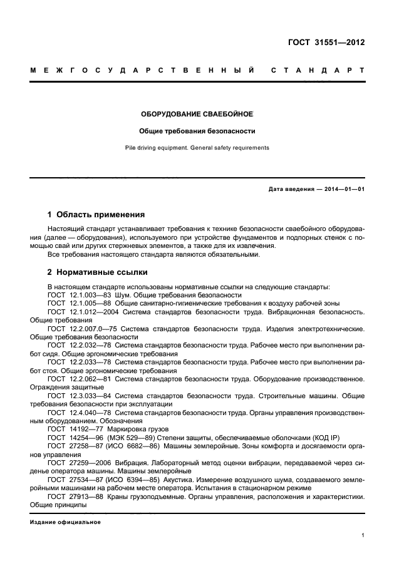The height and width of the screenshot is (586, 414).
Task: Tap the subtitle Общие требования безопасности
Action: coord(197,131)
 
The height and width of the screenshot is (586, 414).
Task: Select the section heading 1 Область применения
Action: coord(96,214)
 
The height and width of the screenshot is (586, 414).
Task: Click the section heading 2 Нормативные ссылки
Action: coord(97,273)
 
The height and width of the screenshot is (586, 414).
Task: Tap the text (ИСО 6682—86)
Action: coord(132,446)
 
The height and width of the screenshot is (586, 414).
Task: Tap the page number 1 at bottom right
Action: coord(363,535)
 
